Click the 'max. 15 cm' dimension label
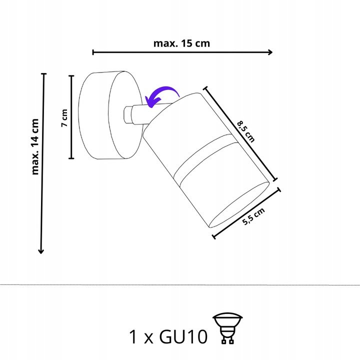pos(181,43)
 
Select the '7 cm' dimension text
pos(64,118)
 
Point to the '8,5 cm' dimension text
pos(246,131)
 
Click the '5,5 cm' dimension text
pos(253,216)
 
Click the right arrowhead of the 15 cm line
pos(270,52)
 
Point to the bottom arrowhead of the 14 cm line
pos(41,251)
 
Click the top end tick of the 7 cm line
pos(71,76)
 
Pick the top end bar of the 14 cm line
pos(43,74)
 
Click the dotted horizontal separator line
pos(180,285)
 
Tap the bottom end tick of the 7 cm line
pos(71,158)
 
